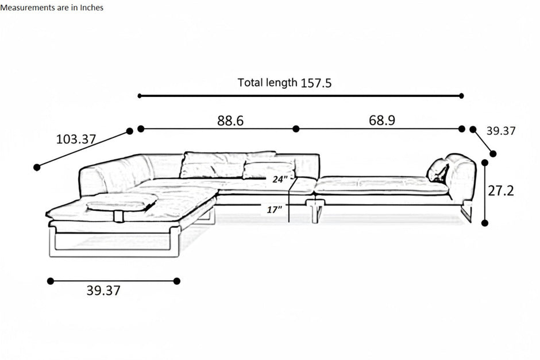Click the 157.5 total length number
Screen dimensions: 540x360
pyautogui.click(x=316, y=83)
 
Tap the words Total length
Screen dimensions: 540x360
pyautogui.click(x=267, y=83)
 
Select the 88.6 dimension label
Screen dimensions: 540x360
pyautogui.click(x=230, y=121)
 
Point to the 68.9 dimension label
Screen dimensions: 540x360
pyautogui.click(x=382, y=120)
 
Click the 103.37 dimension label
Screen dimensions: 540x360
pyautogui.click(x=76, y=139)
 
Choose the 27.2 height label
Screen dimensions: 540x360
pyautogui.click(x=501, y=190)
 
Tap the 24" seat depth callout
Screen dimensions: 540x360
pyautogui.click(x=280, y=179)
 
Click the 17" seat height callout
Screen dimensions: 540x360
pyautogui.click(x=275, y=209)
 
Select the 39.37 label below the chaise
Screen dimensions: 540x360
pyautogui.click(x=103, y=291)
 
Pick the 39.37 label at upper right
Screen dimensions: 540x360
pyautogui.click(x=501, y=131)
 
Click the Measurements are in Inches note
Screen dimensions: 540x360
pyautogui.click(x=52, y=7)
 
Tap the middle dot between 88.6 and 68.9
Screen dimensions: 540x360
pyautogui.click(x=296, y=129)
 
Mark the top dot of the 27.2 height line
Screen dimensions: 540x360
pyautogui.click(x=485, y=162)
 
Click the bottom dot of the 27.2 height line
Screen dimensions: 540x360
pyautogui.click(x=484, y=223)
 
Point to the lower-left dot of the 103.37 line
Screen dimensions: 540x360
pyautogui.click(x=37, y=167)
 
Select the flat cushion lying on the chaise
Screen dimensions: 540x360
pyautogui.click(x=122, y=202)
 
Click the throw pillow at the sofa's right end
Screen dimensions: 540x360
pyautogui.click(x=438, y=171)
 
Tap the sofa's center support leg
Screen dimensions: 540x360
pyautogui.click(x=315, y=211)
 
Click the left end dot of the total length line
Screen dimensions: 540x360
pyautogui.click(x=140, y=96)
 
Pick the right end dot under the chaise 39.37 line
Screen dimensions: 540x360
pyautogui.click(x=177, y=281)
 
